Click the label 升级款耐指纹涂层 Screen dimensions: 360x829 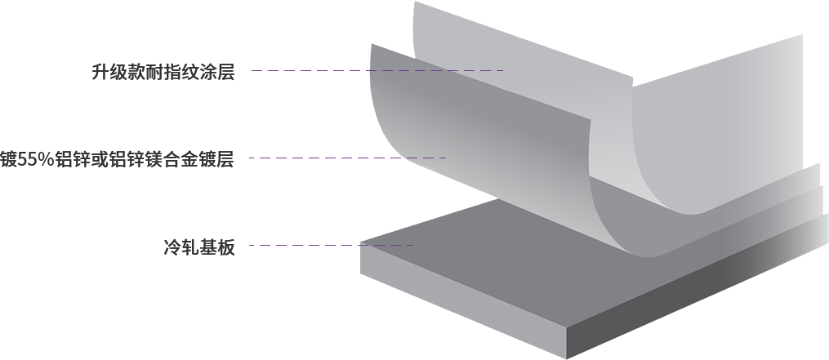point(163,72)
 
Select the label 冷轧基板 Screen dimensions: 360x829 point(199,247)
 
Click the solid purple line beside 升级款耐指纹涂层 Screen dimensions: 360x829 point(310,70)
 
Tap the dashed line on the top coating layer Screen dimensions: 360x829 point(437,71)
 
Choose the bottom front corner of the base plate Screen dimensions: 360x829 point(569,354)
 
